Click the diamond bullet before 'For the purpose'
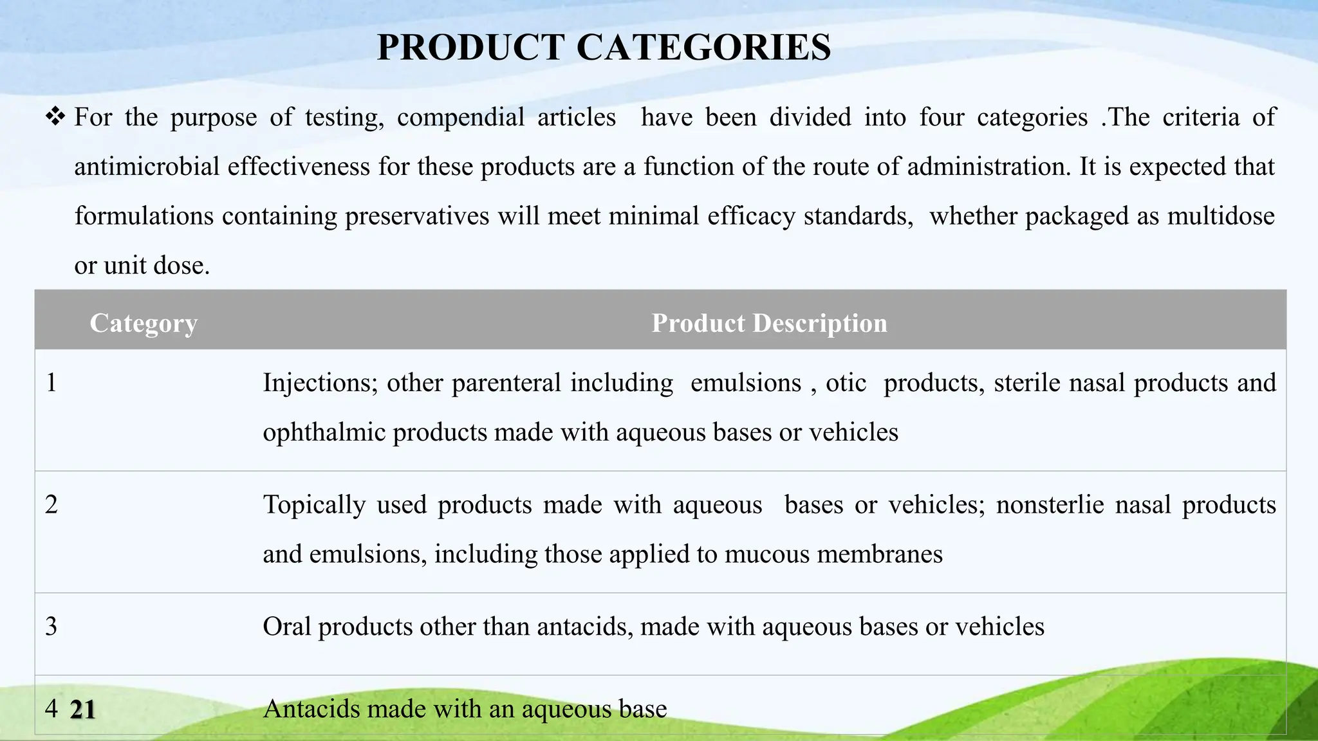[55, 117]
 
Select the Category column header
[144, 323]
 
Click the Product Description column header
[769, 323]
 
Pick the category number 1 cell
[51, 383]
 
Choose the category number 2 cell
[51, 505]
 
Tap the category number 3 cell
[51, 627]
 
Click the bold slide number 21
[83, 710]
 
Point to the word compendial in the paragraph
[461, 118]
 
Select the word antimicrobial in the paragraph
[147, 167]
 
